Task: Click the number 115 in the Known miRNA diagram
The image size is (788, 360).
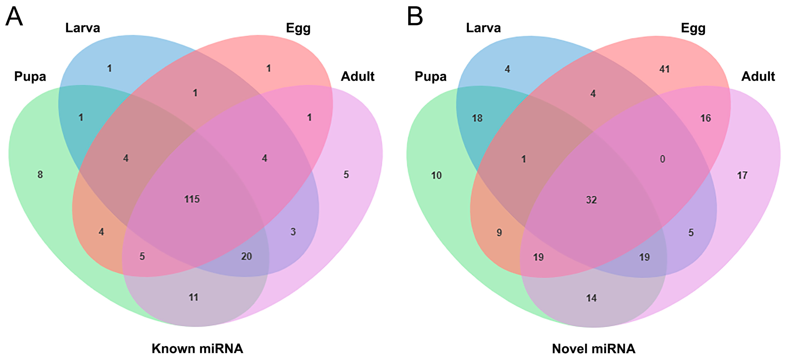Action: (x=192, y=199)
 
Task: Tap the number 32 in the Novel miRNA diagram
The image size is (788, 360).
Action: (x=591, y=200)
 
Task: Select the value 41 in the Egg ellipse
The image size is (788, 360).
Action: (x=664, y=69)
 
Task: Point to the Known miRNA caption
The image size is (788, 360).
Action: (x=197, y=348)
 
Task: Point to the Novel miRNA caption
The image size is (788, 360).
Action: (x=593, y=348)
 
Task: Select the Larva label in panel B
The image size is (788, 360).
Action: (x=483, y=28)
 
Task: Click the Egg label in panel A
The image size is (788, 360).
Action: (x=298, y=28)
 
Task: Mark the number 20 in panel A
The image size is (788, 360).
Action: (x=247, y=256)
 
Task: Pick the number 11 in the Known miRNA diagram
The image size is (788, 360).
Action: (x=193, y=297)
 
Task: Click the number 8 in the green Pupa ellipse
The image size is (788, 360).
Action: (x=40, y=175)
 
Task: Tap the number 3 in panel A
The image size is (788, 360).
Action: (x=293, y=232)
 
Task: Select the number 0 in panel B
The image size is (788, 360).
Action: (x=662, y=159)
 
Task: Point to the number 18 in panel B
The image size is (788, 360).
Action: (x=477, y=118)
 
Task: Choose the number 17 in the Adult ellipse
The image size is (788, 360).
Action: (x=742, y=175)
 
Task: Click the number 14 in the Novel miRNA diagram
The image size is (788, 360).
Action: (x=591, y=298)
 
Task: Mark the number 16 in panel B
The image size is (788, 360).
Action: (x=706, y=118)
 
